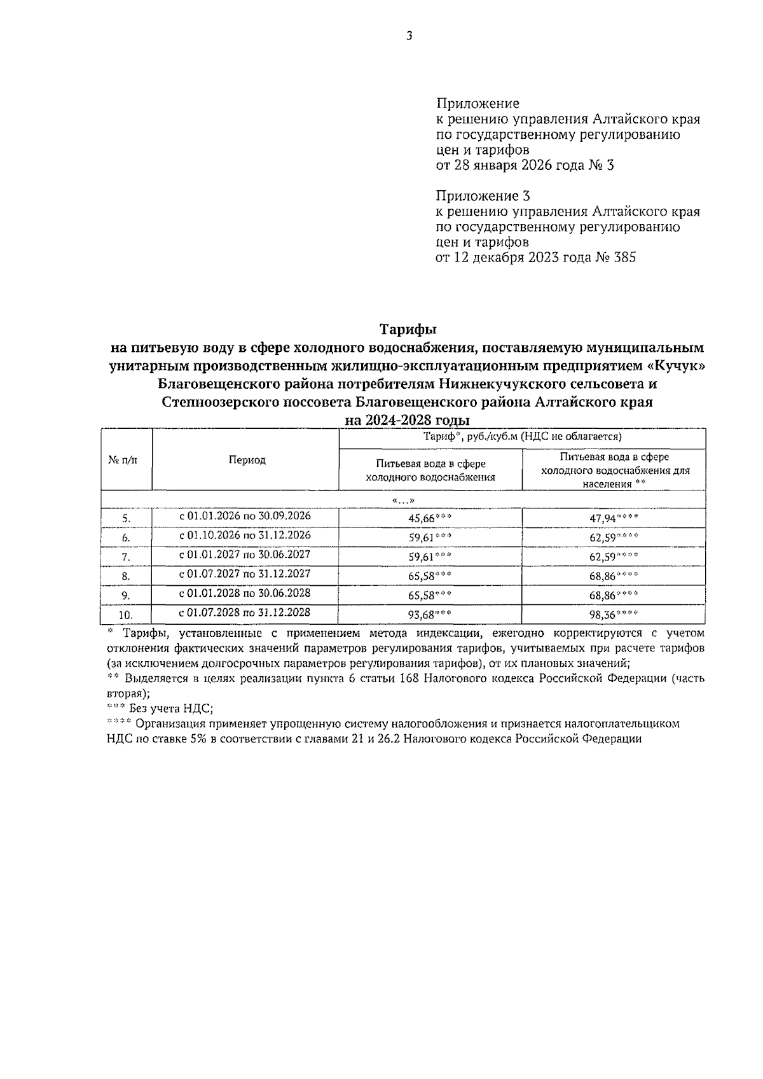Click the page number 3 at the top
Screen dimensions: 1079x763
tap(409, 37)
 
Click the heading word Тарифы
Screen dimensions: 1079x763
tap(408, 330)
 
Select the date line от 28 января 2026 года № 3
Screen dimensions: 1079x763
tap(525, 165)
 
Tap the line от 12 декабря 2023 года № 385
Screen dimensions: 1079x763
tap(535, 258)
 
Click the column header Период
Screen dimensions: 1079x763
tap(247, 460)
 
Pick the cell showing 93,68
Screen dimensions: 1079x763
tap(430, 615)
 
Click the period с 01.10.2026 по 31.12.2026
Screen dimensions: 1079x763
tap(245, 535)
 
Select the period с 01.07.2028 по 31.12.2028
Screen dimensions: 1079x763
tap(245, 612)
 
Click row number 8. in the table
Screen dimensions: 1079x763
tap(126, 576)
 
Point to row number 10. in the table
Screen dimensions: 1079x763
tap(126, 615)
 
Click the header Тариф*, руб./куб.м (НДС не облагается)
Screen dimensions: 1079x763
tap(522, 437)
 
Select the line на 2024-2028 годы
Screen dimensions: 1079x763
tap(407, 421)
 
